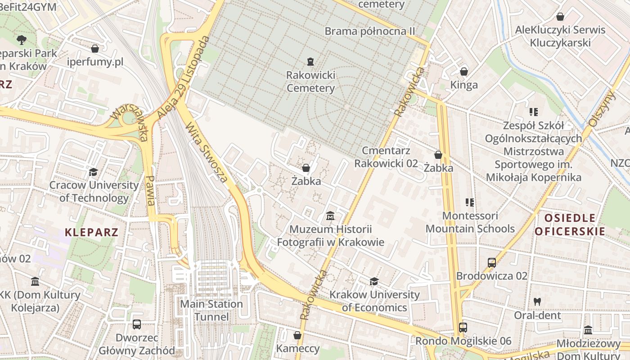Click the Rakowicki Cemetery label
tap(310, 81)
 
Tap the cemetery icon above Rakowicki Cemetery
tap(310, 61)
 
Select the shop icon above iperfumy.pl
tap(95, 48)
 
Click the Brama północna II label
tap(369, 31)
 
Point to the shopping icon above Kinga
tap(464, 72)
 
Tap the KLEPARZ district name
tap(91, 232)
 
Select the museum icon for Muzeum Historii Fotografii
tap(330, 216)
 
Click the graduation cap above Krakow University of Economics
tap(374, 282)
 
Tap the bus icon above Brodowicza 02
tap(491, 262)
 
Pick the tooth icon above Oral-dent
tap(537, 301)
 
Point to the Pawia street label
tap(151, 190)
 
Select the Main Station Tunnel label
tap(211, 310)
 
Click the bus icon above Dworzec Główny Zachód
tap(136, 324)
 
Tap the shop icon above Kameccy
tap(297, 335)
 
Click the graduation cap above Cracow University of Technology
tap(93, 171)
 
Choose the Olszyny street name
tap(602, 108)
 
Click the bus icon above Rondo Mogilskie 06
tap(463, 327)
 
